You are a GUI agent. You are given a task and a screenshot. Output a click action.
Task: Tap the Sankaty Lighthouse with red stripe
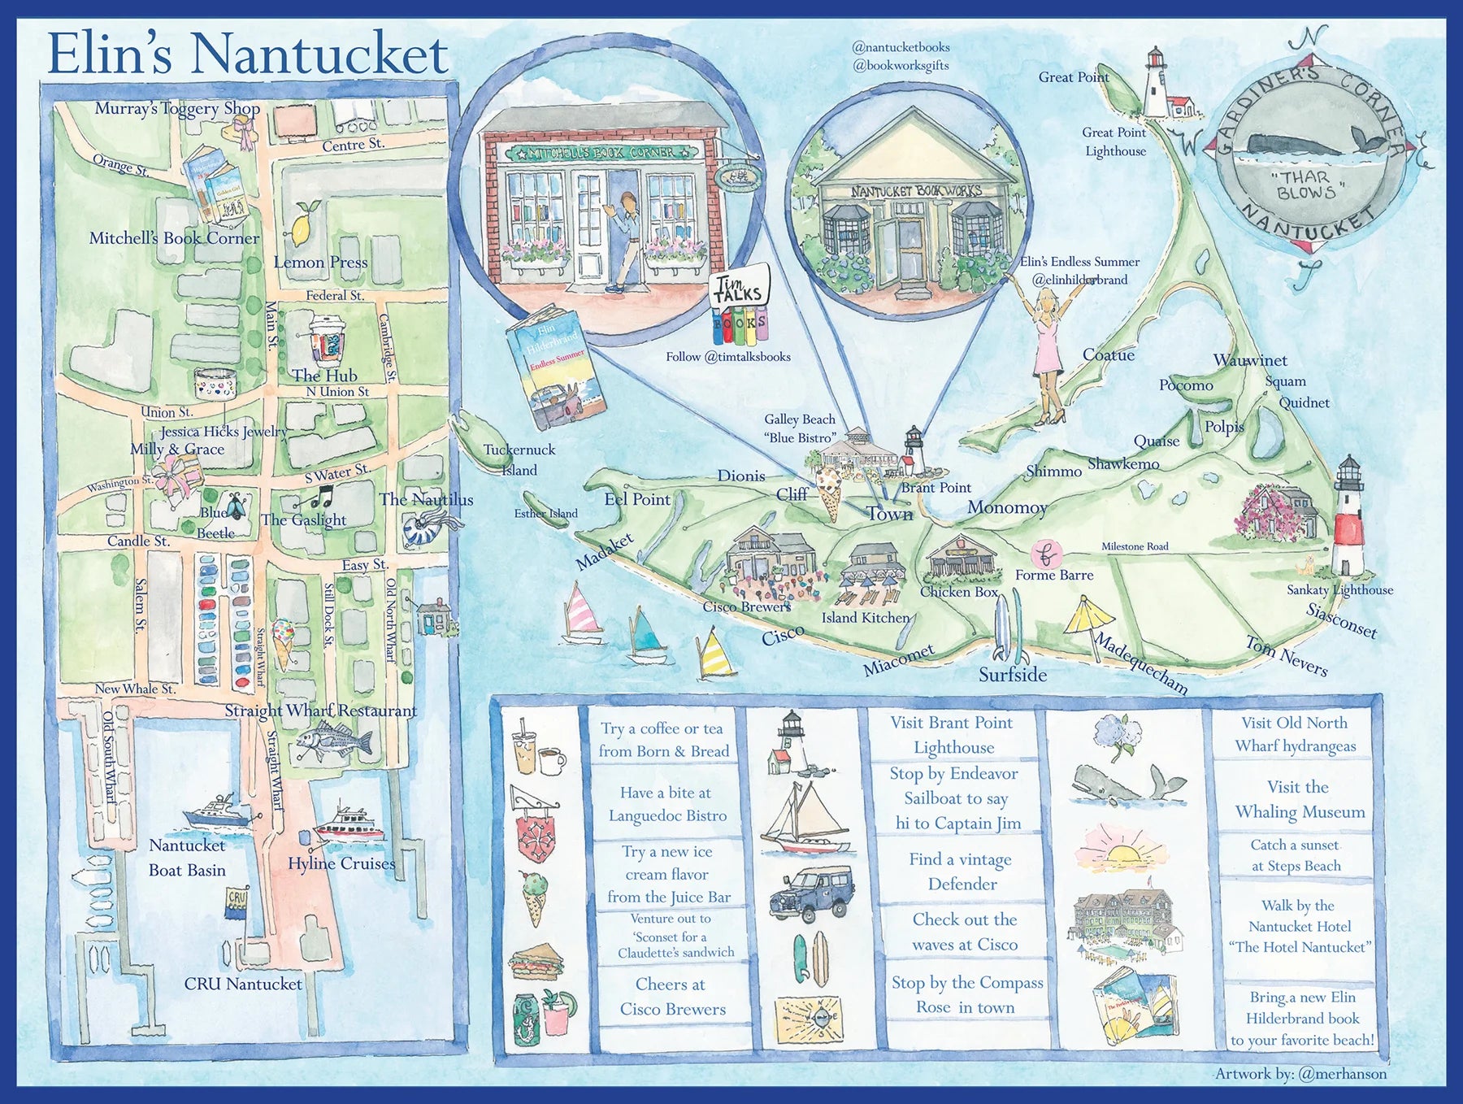(x=1348, y=520)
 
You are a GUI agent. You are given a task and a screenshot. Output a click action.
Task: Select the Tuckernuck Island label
(x=519, y=459)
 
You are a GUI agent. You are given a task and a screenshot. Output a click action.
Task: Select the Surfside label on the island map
(x=1012, y=674)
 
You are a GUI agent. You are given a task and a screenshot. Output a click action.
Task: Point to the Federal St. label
(x=334, y=295)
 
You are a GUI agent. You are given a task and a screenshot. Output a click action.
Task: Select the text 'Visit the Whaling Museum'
(x=1299, y=799)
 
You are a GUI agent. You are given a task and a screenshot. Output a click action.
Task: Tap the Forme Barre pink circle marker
(x=1045, y=555)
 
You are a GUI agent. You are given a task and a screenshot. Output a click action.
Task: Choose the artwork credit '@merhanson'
(x=1342, y=1074)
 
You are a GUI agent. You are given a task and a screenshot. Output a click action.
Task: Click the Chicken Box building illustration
(x=961, y=559)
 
